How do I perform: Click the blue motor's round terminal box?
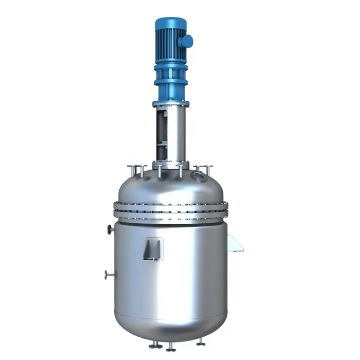coord(187,41)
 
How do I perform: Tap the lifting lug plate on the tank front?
coord(153,249)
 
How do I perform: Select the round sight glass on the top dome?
coord(197,176)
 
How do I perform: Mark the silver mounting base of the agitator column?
coord(170,165)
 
